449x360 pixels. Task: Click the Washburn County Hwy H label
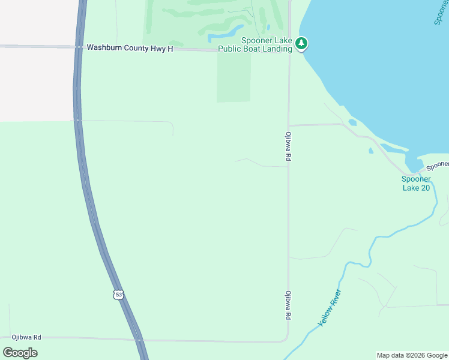130,48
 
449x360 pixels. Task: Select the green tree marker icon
301,43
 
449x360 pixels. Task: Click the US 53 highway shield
118,294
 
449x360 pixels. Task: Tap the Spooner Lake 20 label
416,183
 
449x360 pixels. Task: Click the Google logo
20,352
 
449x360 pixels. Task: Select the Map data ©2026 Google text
412,355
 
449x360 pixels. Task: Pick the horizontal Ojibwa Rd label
25,337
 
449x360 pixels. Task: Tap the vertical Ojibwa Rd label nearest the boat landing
289,146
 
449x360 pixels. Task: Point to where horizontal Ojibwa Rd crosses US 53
139,340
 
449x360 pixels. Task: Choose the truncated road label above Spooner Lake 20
438,164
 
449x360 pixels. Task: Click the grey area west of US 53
36,84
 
